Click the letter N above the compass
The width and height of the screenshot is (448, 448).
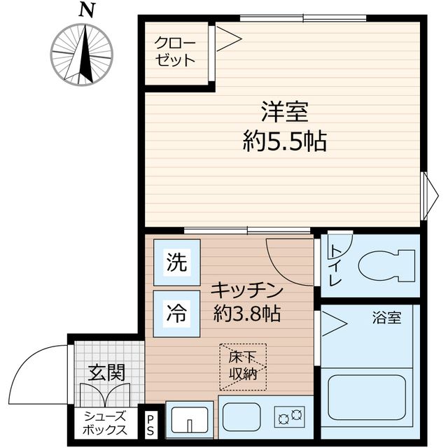87,10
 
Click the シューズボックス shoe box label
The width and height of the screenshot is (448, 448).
105,423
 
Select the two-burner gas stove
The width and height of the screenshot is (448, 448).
289,419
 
